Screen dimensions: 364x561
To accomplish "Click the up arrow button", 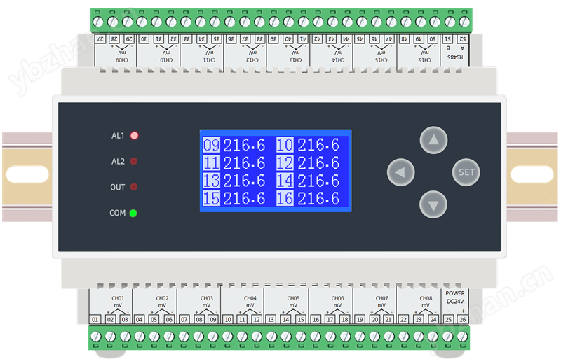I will (433, 140).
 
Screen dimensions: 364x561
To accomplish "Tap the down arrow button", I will (433, 205).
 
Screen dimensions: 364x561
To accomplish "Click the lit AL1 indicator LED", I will (134, 136).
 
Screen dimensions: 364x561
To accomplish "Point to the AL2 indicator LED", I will (133, 162).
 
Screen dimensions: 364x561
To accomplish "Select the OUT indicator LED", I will (133, 188).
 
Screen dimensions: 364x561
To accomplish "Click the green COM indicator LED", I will (133, 213).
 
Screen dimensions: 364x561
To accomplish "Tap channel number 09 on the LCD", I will (211, 145).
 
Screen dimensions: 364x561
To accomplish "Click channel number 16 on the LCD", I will (285, 199).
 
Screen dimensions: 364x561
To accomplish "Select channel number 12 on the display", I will (285, 163).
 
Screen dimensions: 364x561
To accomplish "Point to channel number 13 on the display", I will (211, 181).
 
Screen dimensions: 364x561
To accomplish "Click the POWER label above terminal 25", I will (455, 294).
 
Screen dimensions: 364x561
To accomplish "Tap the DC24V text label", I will (455, 302).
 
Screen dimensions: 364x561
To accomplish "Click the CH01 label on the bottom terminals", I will (118, 298).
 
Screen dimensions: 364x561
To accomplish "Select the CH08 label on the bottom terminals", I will (426, 298).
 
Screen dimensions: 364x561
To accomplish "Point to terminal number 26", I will (462, 320).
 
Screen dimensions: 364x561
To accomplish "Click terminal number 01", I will (96, 320).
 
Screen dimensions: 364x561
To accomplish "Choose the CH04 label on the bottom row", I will (250, 298).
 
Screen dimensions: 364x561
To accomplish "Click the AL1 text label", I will (118, 136).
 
